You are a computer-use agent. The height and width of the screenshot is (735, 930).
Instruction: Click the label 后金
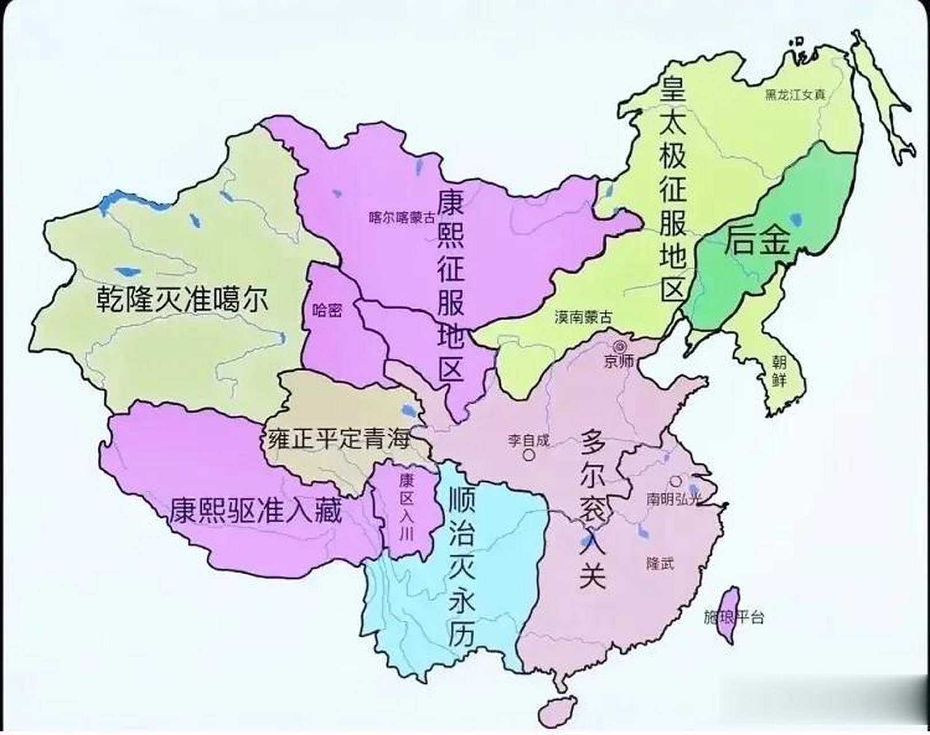757,240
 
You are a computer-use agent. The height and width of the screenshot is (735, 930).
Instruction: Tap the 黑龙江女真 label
794,95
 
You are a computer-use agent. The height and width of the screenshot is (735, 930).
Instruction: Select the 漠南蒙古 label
584,316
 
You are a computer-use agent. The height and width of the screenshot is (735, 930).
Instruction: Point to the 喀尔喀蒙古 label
402,218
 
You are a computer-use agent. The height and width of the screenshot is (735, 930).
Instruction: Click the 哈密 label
327,310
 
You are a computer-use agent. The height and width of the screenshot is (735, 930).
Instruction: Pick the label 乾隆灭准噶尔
182,299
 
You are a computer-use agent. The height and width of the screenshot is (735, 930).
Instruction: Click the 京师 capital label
619,362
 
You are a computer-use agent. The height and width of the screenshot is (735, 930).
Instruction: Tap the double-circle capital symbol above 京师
620,346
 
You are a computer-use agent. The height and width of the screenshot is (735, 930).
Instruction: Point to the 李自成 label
528,440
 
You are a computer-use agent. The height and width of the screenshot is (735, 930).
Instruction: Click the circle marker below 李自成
528,455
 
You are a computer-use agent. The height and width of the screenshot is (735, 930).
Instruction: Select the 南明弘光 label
674,499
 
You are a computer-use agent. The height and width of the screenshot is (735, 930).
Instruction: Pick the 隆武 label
660,563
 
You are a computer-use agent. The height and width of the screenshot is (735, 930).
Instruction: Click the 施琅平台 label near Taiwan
734,617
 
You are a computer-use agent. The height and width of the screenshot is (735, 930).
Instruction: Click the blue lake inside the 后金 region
796,219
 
